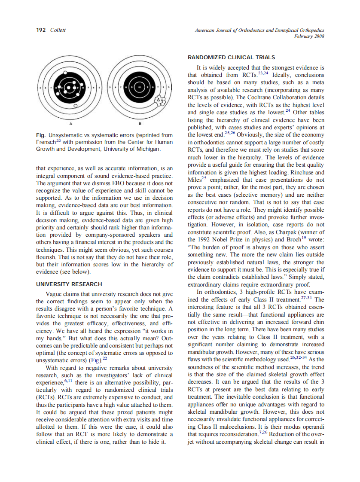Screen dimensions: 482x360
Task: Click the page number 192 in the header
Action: click(41, 30)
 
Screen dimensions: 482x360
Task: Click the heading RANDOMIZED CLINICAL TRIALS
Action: click(232, 57)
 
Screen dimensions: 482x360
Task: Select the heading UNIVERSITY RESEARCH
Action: click(69, 284)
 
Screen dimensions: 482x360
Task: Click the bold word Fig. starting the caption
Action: click(42, 135)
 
